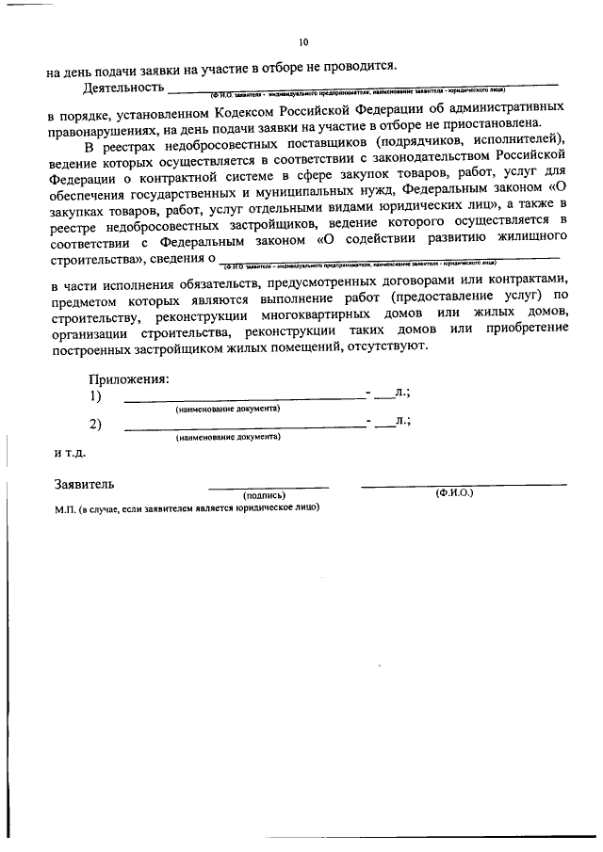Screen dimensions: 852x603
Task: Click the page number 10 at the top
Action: pyautogui.click(x=302, y=41)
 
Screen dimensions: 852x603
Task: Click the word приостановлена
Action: pyautogui.click(x=517, y=131)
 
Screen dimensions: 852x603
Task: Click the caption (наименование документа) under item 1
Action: pyautogui.click(x=228, y=410)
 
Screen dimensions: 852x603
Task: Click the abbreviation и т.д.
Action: pyautogui.click(x=70, y=453)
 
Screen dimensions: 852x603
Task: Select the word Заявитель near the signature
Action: pyautogui.click(x=85, y=485)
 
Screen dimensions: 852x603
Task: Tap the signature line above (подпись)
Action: pyautogui.click(x=269, y=487)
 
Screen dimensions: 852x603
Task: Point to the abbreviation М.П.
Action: pyautogui.click(x=65, y=506)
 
